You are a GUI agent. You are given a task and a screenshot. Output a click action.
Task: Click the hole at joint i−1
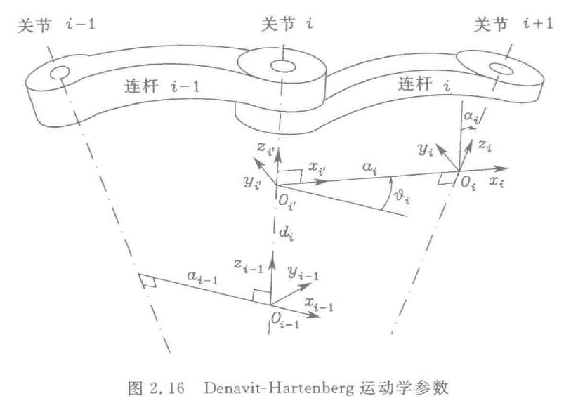pos(59,72)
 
